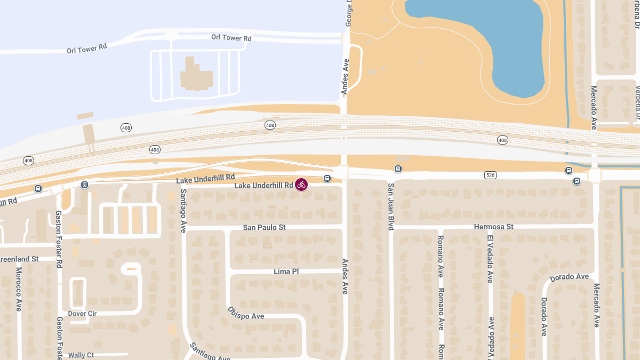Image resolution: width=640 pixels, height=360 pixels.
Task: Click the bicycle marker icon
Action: coord(301,185)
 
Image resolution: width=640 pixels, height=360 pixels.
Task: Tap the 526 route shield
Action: coord(491,175)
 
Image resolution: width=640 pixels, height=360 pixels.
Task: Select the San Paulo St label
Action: coord(264,227)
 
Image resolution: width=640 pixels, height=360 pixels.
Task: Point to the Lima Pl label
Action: coord(286,271)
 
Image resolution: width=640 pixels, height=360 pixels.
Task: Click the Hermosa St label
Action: coord(493,227)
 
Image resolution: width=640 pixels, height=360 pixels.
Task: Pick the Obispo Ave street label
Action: coord(246,313)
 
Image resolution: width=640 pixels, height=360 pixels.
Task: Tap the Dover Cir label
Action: coord(82,314)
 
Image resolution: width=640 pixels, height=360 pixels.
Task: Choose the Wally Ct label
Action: coord(81,355)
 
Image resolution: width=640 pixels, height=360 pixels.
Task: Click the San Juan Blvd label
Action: coord(391,207)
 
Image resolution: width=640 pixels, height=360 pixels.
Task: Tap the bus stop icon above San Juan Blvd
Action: coord(398,169)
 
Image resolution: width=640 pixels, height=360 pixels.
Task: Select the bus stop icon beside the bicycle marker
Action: coord(327,178)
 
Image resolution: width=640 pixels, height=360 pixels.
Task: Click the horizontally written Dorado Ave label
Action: coord(569,277)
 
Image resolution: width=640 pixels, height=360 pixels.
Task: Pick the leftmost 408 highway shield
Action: coord(28,160)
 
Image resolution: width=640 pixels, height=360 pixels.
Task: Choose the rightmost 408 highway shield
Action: coord(502,140)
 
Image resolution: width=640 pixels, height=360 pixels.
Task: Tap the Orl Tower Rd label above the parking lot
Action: coord(231,38)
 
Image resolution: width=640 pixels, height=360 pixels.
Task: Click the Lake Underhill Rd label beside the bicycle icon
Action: coord(263,185)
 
